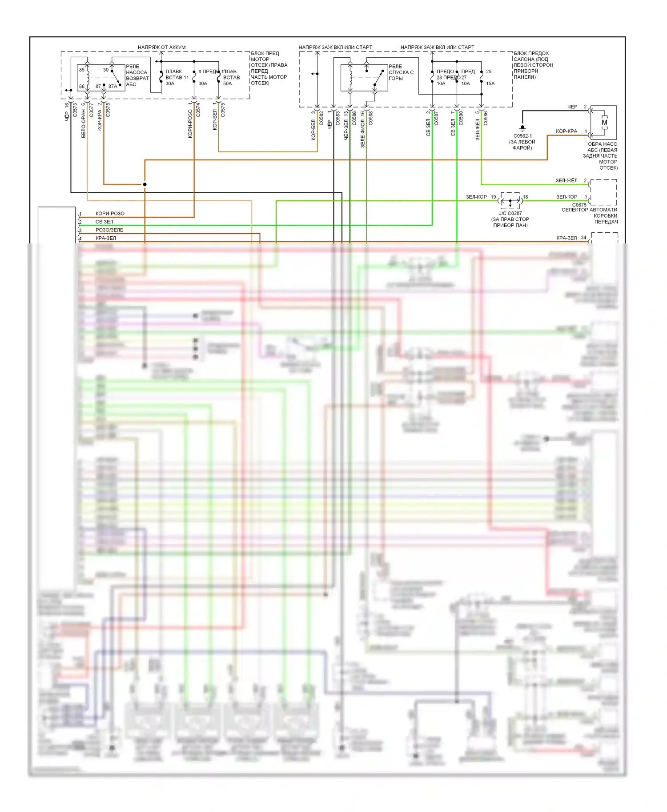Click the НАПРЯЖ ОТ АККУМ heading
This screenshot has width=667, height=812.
[161, 47]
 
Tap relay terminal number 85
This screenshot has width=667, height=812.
[82, 70]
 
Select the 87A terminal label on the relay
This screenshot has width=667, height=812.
[113, 87]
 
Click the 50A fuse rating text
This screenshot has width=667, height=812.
[227, 84]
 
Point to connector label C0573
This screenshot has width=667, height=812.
[75, 110]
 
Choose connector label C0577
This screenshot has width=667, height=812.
[92, 110]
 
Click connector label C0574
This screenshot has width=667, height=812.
[198, 110]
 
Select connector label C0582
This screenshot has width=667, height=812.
[321, 118]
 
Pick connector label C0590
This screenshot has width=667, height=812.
[461, 118]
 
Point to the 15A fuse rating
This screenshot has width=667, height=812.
[490, 84]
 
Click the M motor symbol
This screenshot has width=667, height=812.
[604, 123]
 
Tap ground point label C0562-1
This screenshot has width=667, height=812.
[522, 136]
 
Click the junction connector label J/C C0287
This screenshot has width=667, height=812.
[510, 213]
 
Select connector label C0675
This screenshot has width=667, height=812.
[579, 205]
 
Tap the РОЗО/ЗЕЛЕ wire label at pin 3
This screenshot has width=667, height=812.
[109, 230]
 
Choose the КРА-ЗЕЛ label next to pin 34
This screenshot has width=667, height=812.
[567, 238]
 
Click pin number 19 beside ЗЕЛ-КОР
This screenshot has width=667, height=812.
[494, 197]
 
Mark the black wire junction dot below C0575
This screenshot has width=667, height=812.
[145, 184]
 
